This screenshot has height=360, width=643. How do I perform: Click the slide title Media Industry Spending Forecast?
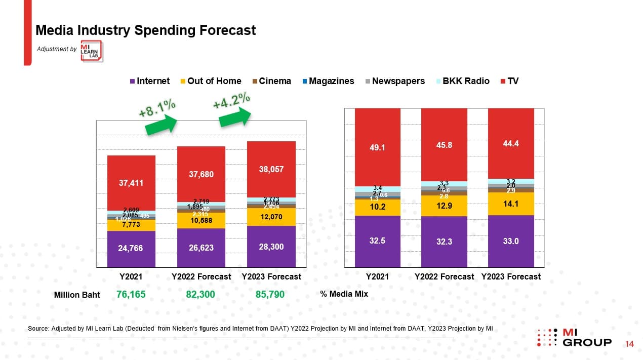point(145,30)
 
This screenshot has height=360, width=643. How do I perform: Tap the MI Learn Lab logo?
point(92,51)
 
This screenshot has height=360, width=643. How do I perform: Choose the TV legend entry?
point(509,81)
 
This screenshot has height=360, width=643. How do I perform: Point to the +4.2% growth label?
point(231,100)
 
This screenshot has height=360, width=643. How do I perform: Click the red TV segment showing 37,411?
point(131,183)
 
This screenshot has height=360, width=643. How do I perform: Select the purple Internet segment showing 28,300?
point(271,247)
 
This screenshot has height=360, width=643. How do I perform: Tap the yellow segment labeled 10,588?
point(201,220)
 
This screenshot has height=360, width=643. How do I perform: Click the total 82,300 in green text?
point(200,294)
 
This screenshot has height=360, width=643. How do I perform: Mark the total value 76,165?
point(131,294)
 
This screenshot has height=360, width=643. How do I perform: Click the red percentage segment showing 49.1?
point(377,147)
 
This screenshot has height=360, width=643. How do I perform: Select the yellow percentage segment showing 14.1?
point(511,204)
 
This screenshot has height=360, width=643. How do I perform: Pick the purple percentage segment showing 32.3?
point(444,242)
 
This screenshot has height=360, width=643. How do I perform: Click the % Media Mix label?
point(344,294)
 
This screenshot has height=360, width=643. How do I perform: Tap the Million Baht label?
point(77,295)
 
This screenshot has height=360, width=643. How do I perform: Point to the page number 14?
point(630,344)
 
